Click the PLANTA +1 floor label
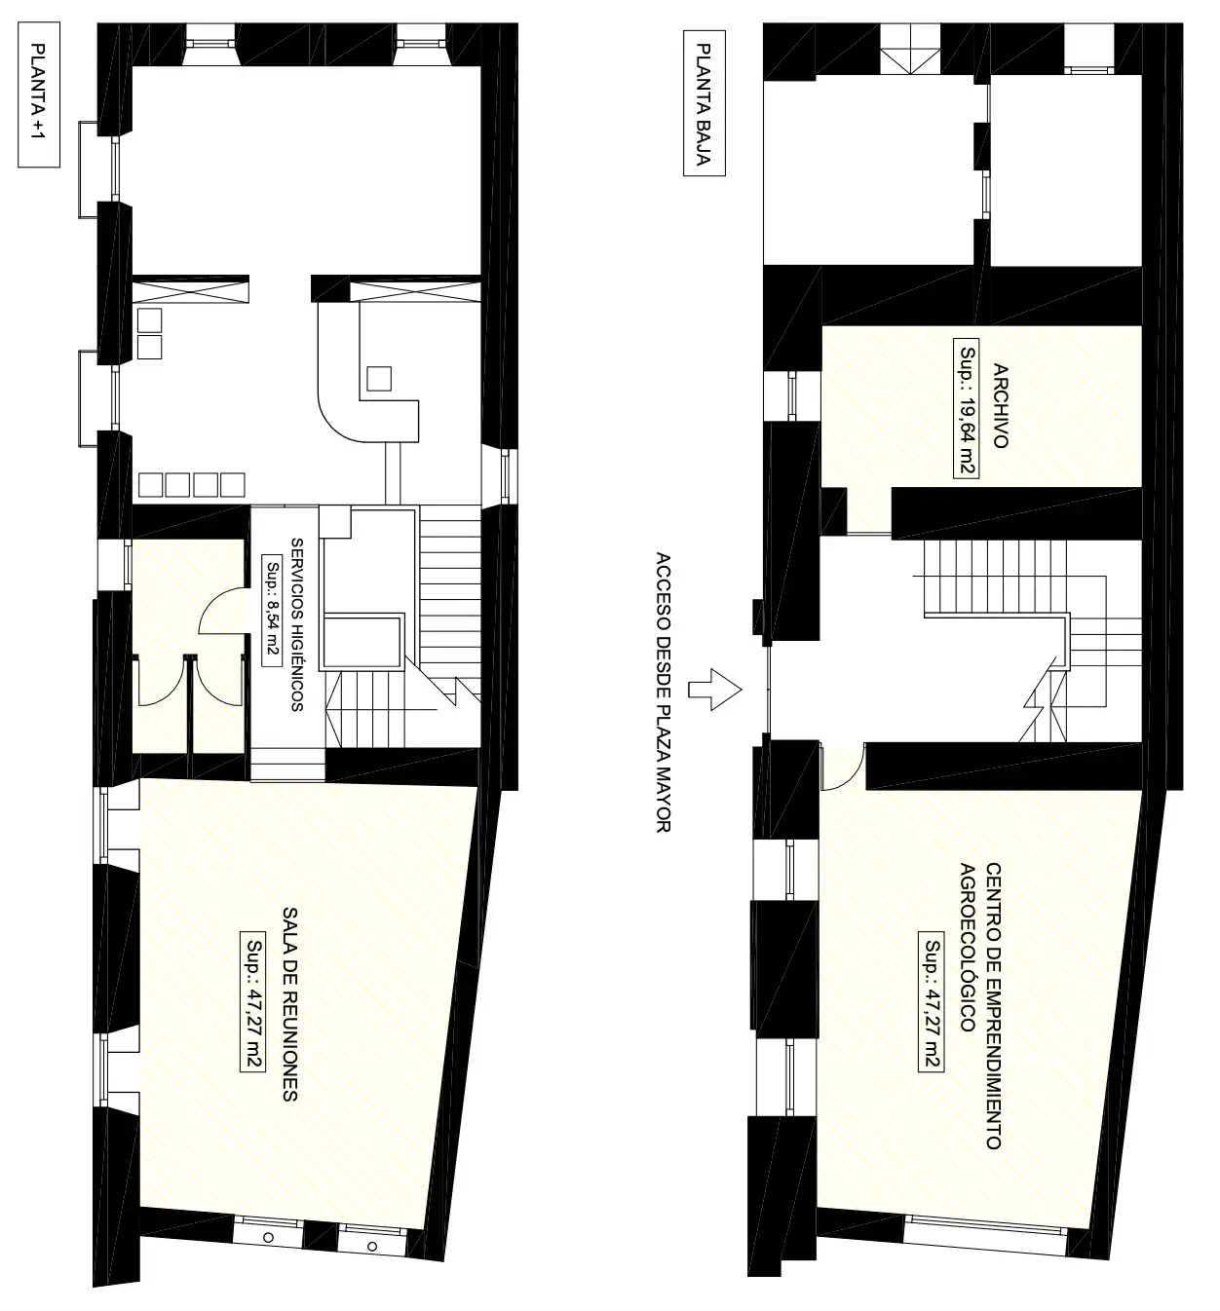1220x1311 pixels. (38, 94)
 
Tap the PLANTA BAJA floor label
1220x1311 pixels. (705, 103)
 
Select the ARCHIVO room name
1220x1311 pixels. (1001, 405)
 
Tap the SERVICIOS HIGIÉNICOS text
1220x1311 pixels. (297, 624)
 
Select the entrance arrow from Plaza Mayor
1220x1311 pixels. (714, 690)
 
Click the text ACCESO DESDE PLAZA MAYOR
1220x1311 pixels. (664, 692)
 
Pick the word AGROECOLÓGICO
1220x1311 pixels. (968, 947)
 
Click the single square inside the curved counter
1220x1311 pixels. (379, 378)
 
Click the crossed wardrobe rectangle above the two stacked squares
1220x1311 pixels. (191, 290)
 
